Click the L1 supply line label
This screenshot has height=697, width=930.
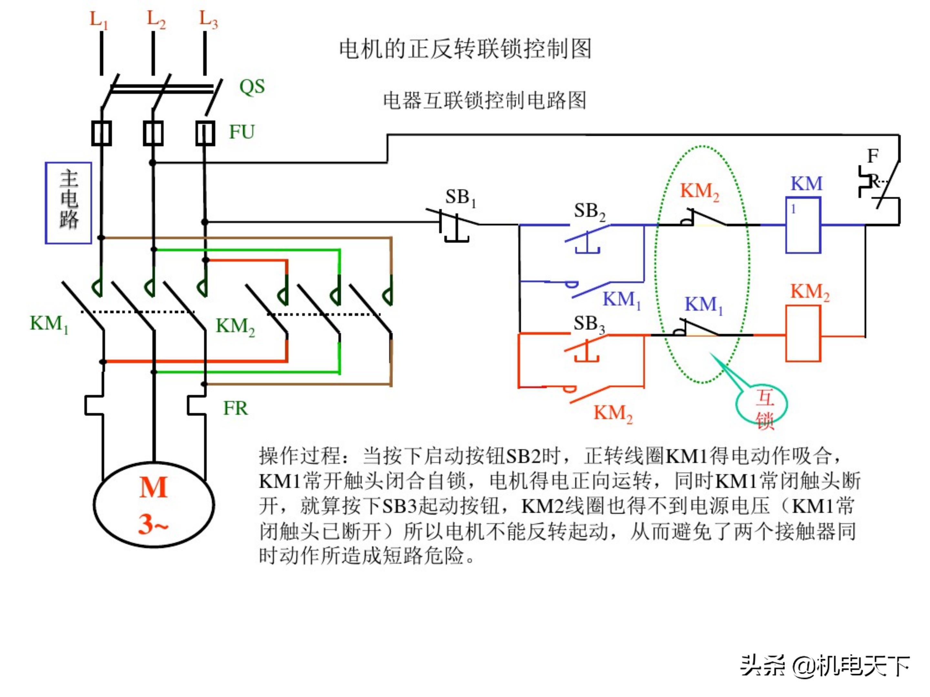point(99,20)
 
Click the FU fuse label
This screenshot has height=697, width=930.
point(242,132)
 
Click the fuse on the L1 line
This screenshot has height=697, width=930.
point(101,133)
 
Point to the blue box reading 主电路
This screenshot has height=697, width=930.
point(68,203)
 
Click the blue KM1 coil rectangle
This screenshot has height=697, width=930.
point(803,225)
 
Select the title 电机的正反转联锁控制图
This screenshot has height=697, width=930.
point(465,49)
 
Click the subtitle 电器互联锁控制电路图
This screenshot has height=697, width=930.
point(484,100)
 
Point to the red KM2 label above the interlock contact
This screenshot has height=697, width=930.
point(700,192)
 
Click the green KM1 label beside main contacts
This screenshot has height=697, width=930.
point(49,324)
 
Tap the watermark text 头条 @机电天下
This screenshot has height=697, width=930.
point(824,665)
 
